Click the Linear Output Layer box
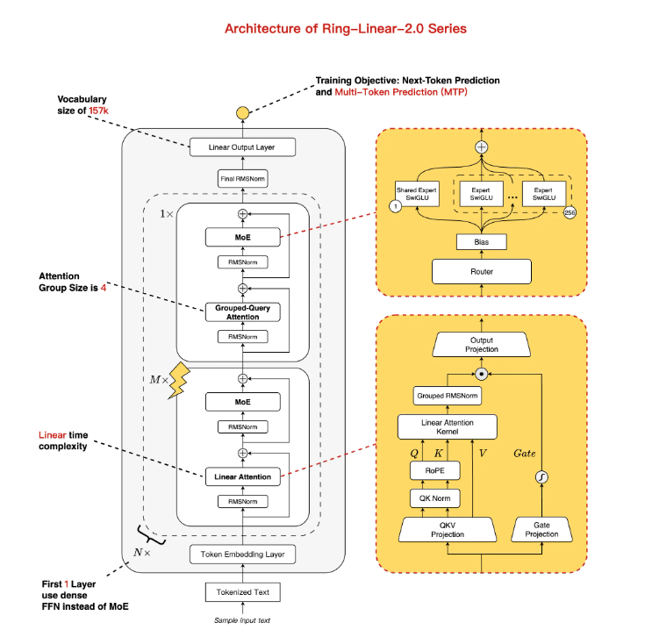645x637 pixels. point(241,147)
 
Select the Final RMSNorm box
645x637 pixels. point(241,180)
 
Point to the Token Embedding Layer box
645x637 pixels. point(241,555)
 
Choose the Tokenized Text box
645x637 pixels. point(241,592)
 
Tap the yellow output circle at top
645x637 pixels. point(242,113)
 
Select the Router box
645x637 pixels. point(481,272)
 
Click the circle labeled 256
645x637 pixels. point(569,211)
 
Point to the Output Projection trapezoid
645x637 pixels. point(482,344)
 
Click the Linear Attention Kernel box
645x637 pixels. point(447,427)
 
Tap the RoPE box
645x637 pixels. point(430,472)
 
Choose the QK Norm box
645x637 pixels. point(430,499)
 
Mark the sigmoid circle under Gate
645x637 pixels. point(541,477)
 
